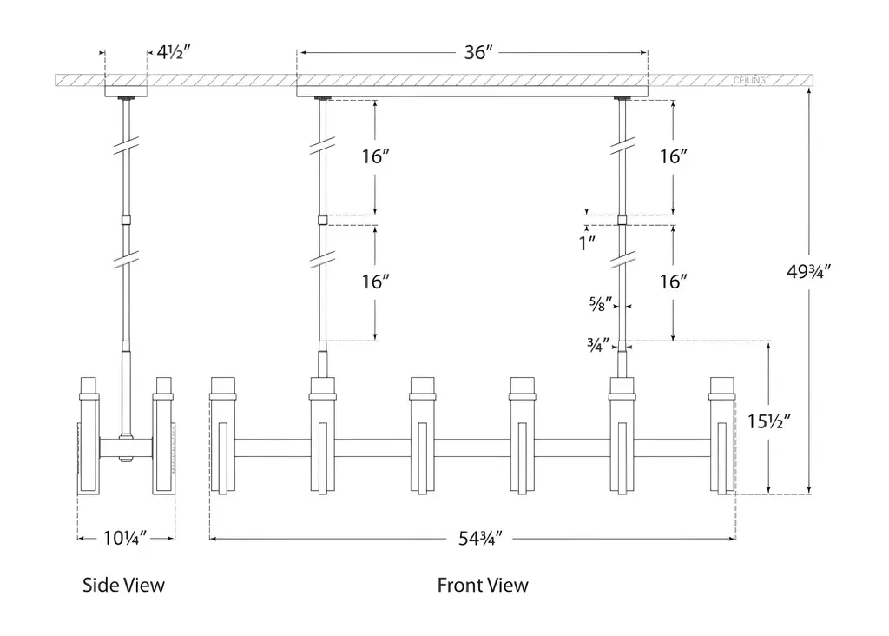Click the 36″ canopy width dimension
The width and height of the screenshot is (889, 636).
pos(478,52)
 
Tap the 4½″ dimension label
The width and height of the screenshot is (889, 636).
pos(174,52)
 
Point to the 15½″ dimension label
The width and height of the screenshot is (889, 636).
pos(768,422)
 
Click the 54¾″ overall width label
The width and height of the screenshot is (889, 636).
pos(481,539)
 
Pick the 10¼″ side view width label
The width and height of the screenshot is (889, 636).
pos(124,539)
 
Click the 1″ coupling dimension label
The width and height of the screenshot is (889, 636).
pos(589,242)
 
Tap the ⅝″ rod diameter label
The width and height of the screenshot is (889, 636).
pos(600,304)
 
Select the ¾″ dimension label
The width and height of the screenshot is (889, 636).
pos(600,344)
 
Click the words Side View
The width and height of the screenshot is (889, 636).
pos(123,585)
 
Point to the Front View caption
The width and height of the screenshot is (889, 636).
pos(483,585)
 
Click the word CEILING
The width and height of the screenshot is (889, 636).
pos(750,81)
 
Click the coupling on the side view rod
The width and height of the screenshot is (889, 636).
pos(127,220)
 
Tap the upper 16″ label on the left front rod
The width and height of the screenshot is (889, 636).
pos(375,157)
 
